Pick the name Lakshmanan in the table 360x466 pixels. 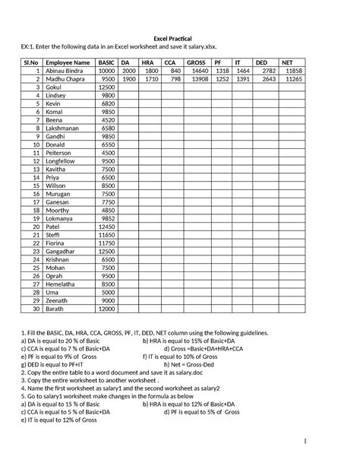[x=66, y=128]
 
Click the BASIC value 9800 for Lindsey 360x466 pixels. [x=107, y=96]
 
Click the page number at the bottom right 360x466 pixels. [x=347, y=442]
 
